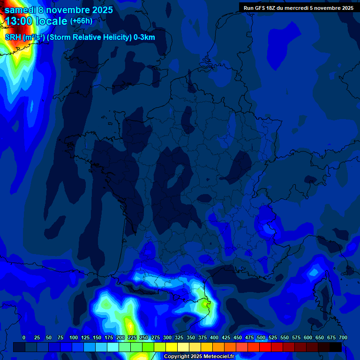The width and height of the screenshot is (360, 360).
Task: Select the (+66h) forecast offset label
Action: click(x=81, y=21)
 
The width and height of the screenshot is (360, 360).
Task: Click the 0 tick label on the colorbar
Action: click(x=24, y=337)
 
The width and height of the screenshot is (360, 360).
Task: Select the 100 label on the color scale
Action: click(x=74, y=337)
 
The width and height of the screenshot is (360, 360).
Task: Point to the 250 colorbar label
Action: click(x=144, y=337)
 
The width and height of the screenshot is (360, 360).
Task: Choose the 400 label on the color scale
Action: click(x=214, y=337)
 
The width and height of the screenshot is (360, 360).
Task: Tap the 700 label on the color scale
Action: click(x=343, y=337)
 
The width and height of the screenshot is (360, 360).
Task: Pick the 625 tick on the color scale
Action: click(x=320, y=337)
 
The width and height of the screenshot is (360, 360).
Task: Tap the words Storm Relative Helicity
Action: click(x=90, y=37)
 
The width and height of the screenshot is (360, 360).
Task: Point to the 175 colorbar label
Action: click(x=109, y=337)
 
